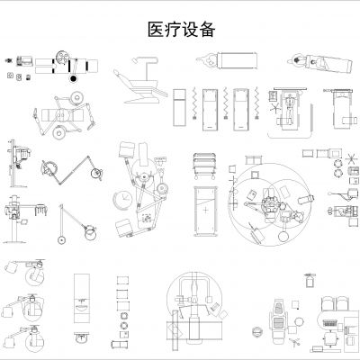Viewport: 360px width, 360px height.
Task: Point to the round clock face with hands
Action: (121, 198)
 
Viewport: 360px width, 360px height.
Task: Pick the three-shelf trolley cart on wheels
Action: (205, 166)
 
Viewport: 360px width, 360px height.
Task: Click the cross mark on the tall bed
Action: (206, 209)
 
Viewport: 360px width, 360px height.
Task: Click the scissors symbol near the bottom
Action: (315, 345)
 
